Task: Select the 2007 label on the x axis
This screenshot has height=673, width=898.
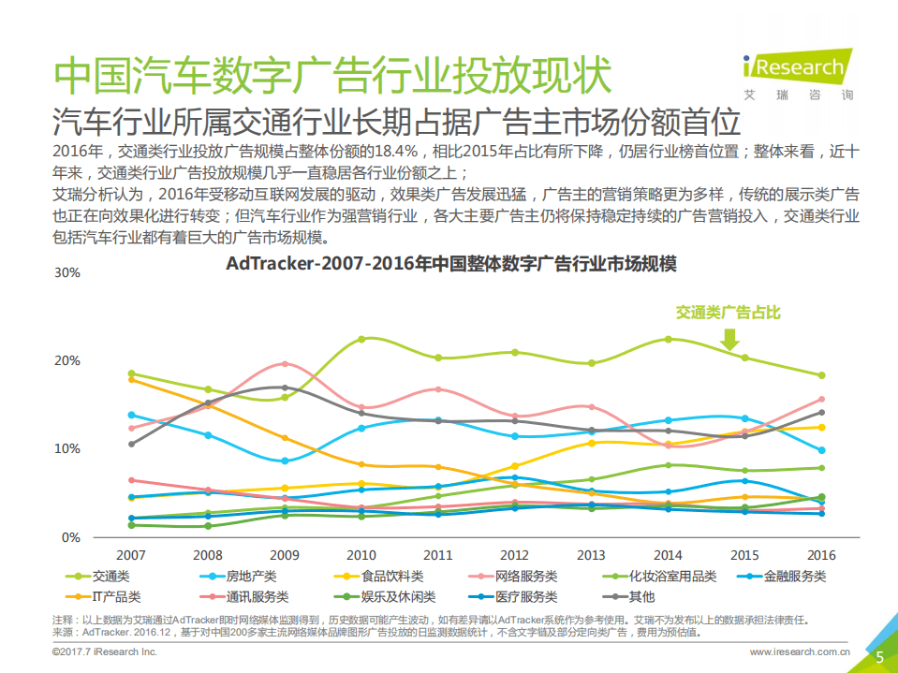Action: coord(131,554)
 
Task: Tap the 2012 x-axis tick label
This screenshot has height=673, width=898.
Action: coord(515,554)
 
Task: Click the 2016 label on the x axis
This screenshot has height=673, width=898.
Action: coord(821,554)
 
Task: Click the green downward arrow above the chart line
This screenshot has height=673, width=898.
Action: coord(731,338)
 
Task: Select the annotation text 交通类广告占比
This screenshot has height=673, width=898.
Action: coord(728,313)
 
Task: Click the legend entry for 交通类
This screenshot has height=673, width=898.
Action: coord(104,577)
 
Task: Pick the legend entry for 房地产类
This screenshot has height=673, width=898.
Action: coord(239,577)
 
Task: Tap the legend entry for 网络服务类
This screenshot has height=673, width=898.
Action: coord(520,577)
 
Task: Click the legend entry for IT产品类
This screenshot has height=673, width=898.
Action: coord(105,596)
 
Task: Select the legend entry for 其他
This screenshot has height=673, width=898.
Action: coord(629,596)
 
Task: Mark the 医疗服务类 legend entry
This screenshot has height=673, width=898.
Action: coord(520,596)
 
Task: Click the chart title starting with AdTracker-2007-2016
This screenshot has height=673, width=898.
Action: coord(450,264)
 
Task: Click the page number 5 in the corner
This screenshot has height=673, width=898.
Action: coord(879,657)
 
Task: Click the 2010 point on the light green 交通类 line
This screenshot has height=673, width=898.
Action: coord(361,339)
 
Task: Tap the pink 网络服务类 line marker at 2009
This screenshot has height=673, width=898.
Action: coord(285,364)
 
